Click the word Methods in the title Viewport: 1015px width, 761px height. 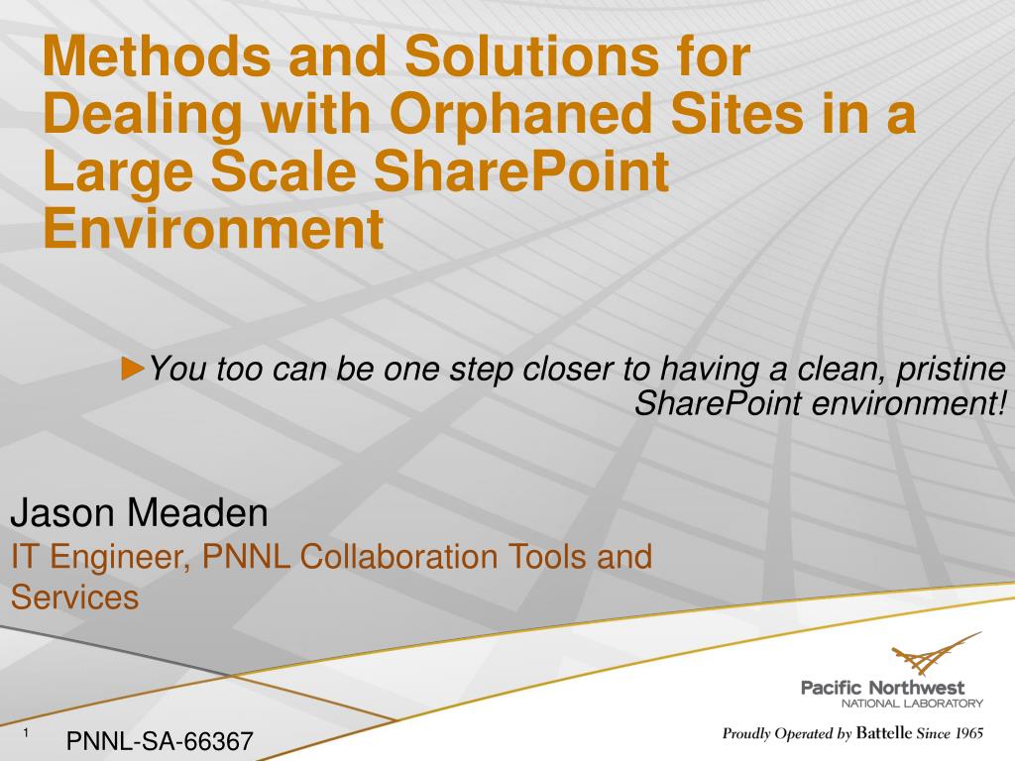click(x=157, y=55)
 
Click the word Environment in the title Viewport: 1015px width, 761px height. click(x=214, y=229)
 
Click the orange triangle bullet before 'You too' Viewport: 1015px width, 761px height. click(x=133, y=368)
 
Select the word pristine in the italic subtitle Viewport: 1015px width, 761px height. click(x=951, y=371)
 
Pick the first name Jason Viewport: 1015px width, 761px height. click(x=62, y=512)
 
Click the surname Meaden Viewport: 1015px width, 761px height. click(x=197, y=512)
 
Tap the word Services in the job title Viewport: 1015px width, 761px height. click(x=74, y=598)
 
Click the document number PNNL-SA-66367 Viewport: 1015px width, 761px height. click(x=160, y=741)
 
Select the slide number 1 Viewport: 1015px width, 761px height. click(x=26, y=732)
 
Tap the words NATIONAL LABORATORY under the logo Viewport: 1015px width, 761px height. click(x=912, y=704)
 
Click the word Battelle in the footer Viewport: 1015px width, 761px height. click(x=884, y=733)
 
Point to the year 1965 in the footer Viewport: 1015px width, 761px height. click(x=969, y=733)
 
